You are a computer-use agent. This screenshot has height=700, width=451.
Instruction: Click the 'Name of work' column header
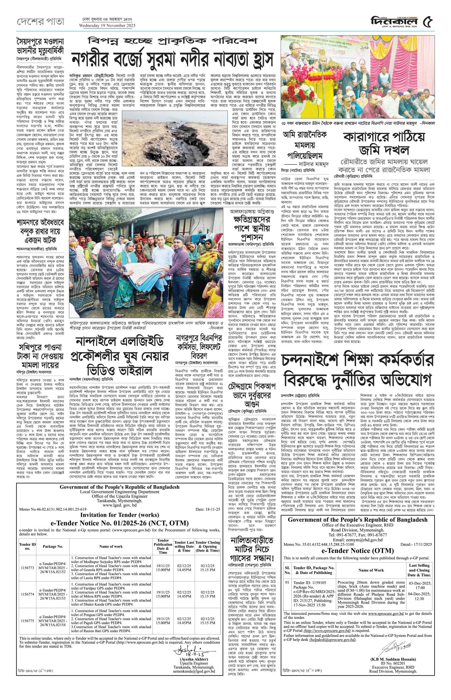pos(111,546)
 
